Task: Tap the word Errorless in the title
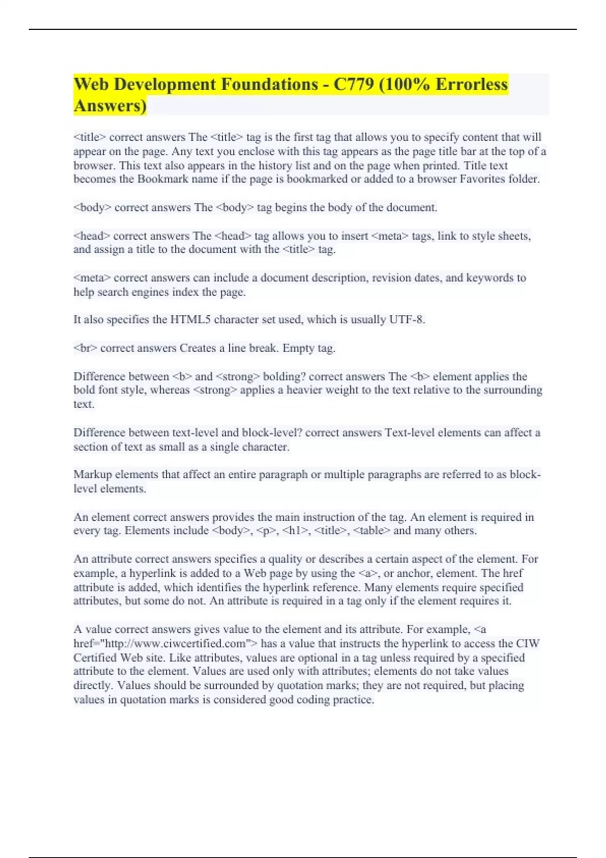[471, 84]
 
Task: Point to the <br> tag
[85, 348]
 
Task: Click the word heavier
[305, 390]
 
